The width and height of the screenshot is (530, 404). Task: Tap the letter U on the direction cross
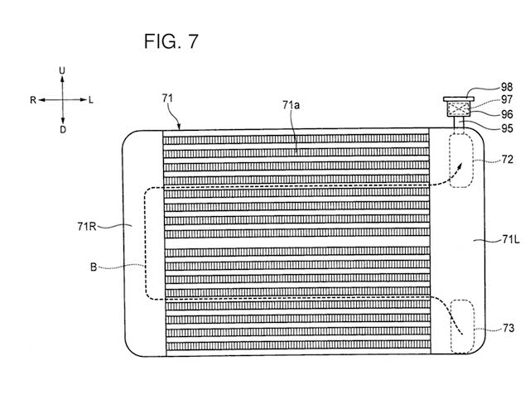coord(62,73)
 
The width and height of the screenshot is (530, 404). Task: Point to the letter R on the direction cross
coord(33,100)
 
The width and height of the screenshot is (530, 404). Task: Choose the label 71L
coord(497,239)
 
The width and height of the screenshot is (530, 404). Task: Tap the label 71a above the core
coord(291,105)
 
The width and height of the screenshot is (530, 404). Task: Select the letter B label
coord(98,267)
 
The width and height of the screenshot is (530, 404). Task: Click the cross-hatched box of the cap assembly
coord(457,109)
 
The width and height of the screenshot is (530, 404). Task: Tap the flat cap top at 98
coord(457,96)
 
